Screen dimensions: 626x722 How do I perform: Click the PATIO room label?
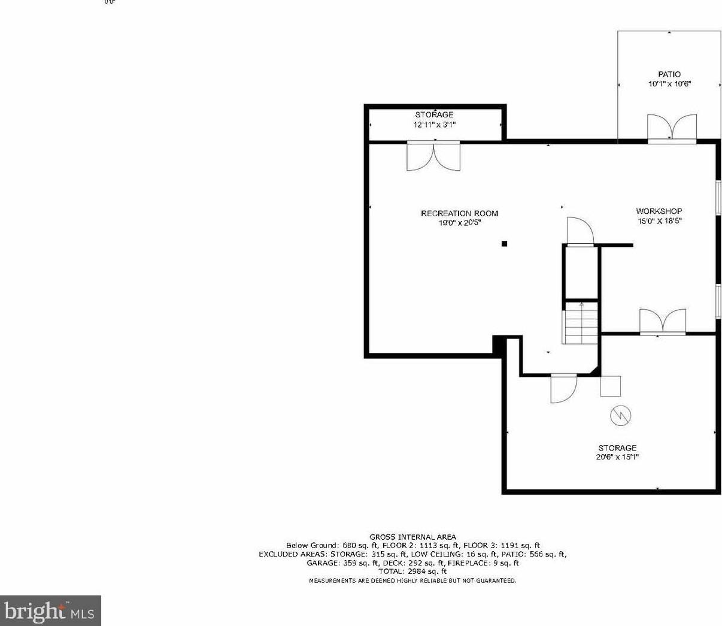tap(669, 75)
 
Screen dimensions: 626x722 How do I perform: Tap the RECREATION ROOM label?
tap(459, 213)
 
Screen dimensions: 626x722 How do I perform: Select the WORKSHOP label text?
tap(659, 211)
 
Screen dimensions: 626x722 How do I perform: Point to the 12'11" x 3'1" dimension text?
tap(435, 125)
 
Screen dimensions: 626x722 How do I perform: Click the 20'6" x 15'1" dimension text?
tap(617, 457)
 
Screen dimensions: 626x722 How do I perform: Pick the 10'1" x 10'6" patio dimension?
tap(669, 84)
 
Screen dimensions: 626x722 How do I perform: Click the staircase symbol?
tap(580, 323)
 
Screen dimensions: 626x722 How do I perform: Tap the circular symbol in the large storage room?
tap(620, 415)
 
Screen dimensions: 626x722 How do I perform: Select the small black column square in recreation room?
tap(505, 243)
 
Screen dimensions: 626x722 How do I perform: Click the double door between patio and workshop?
tap(672, 128)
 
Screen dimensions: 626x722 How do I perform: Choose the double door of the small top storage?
tap(433, 156)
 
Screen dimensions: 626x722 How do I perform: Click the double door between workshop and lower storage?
tap(662, 322)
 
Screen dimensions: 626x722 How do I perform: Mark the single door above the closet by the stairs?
tap(580, 232)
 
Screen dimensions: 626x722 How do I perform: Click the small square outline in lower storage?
tap(611, 386)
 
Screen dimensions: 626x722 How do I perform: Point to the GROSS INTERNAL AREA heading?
tap(412, 537)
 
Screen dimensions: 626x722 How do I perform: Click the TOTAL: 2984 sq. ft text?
tap(412, 571)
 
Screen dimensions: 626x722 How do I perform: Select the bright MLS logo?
tap(50, 611)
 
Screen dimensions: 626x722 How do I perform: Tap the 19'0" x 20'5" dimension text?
tap(459, 223)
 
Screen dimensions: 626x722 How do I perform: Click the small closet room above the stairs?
tap(580, 273)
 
